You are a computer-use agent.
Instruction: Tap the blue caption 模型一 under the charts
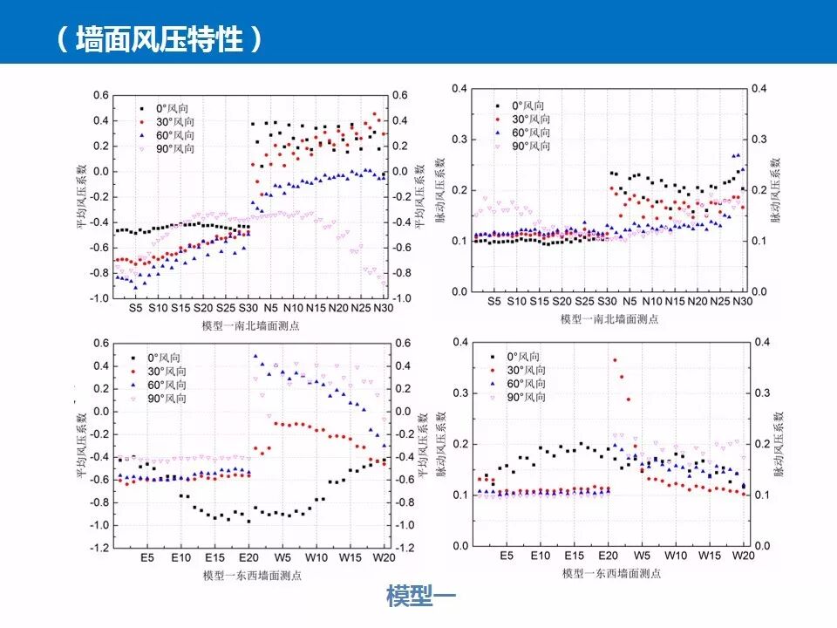[x=421, y=596]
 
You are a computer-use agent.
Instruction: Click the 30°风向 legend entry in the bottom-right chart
[x=527, y=370]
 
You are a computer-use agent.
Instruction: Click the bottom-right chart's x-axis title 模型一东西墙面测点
[x=610, y=573]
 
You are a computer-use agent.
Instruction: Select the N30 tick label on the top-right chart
[x=742, y=301]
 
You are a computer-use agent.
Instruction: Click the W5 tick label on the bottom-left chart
[x=282, y=556]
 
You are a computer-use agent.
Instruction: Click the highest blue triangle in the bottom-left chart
[x=255, y=356]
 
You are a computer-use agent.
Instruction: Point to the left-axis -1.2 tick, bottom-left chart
[x=102, y=548]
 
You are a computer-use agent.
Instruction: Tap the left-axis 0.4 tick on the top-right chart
[x=459, y=88]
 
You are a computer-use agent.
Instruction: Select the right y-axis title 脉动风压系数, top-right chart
[x=777, y=190]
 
